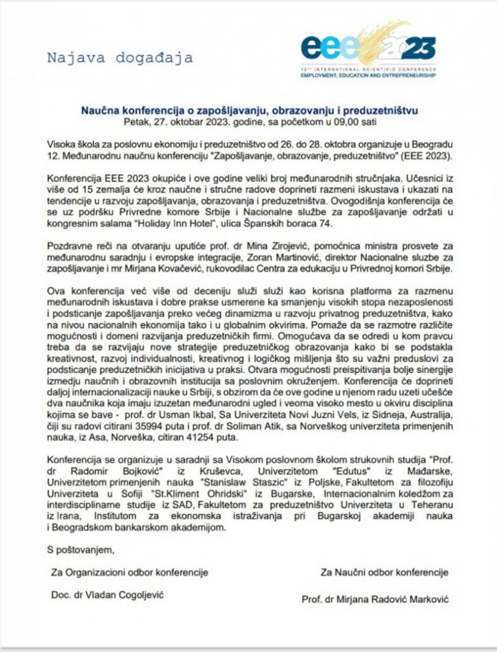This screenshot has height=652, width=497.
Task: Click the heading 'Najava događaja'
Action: pyautogui.click(x=119, y=57)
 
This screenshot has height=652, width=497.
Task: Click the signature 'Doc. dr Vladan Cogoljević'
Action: pyautogui.click(x=107, y=595)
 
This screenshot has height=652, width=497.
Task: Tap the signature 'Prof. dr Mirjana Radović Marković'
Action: pyautogui.click(x=375, y=599)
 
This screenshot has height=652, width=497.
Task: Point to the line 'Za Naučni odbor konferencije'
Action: pyautogui.click(x=383, y=572)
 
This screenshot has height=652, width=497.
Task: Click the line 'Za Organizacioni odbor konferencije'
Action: pyautogui.click(x=129, y=572)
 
